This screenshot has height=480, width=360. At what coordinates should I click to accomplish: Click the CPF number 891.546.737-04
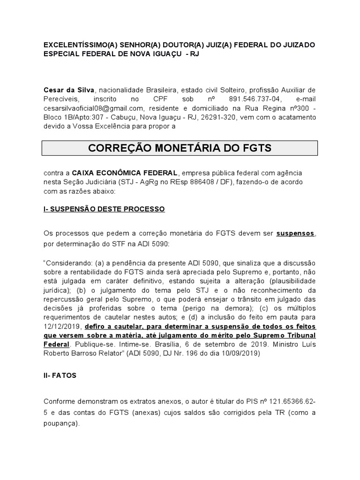[253, 98]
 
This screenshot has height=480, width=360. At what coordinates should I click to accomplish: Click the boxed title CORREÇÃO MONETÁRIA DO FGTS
[180, 148]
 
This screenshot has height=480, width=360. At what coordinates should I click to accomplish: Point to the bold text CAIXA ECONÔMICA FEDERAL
[118, 173]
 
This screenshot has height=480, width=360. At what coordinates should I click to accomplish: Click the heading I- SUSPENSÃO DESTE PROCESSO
[104, 209]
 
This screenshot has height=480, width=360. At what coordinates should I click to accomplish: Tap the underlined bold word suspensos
[295, 233]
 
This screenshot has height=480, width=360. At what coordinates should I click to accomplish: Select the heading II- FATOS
[60, 376]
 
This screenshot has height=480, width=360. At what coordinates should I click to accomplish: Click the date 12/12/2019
[61, 326]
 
